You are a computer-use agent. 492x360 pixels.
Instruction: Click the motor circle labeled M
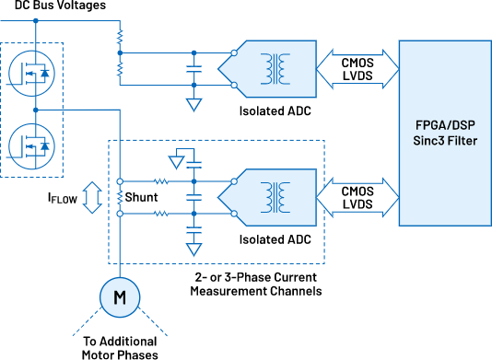119,296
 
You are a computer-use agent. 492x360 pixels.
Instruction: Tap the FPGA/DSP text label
445,123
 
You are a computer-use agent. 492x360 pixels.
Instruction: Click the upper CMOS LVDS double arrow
357,67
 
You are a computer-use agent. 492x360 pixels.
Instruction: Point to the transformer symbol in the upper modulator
274,67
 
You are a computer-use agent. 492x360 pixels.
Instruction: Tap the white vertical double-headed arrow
92,198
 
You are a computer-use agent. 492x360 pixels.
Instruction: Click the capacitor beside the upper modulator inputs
193,67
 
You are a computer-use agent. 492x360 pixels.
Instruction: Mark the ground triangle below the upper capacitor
193,104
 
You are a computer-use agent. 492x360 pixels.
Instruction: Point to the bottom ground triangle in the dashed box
193,248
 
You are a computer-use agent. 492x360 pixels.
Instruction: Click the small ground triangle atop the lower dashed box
177,162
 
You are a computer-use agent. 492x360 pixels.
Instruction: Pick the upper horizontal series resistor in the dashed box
161,181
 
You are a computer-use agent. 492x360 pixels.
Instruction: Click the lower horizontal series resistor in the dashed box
161,214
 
